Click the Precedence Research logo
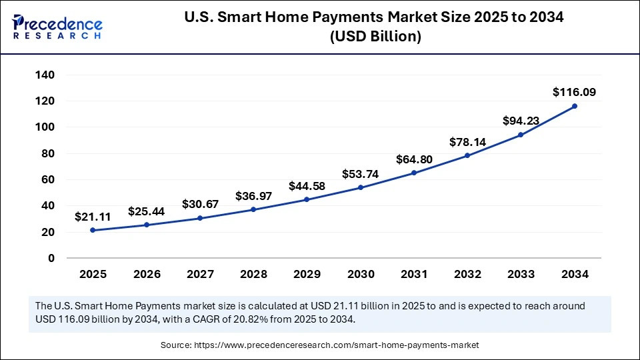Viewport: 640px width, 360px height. [x=57, y=25]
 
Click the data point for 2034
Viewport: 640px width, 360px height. [x=574, y=106]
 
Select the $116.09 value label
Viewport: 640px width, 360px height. [x=574, y=92]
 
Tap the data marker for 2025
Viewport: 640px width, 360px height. [x=93, y=230]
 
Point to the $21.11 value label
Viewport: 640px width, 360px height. [x=93, y=217]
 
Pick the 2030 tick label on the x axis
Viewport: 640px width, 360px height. [x=361, y=274]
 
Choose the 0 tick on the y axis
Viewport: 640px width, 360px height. [x=51, y=258]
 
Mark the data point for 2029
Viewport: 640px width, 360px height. [x=307, y=199]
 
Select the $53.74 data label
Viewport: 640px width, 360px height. [x=361, y=174]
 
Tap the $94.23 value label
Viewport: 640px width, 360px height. [x=521, y=121]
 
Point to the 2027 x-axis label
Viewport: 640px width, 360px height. [x=200, y=274]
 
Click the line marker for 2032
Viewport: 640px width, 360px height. [x=467, y=155]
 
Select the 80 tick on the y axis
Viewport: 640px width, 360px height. [x=48, y=153]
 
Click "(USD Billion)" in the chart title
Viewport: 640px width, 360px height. [x=376, y=37]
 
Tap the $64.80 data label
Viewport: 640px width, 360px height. [x=414, y=159]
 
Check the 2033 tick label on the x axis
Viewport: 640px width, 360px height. [x=521, y=274]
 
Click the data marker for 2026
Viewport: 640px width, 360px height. [x=147, y=225]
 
